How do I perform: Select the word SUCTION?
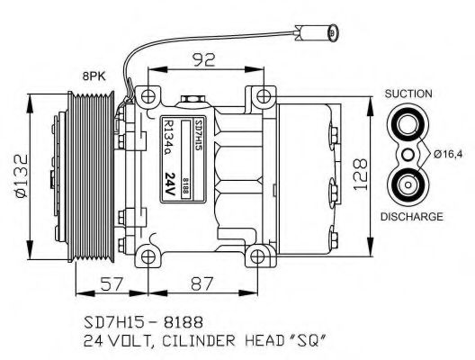408,94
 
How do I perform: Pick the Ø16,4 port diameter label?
450,155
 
